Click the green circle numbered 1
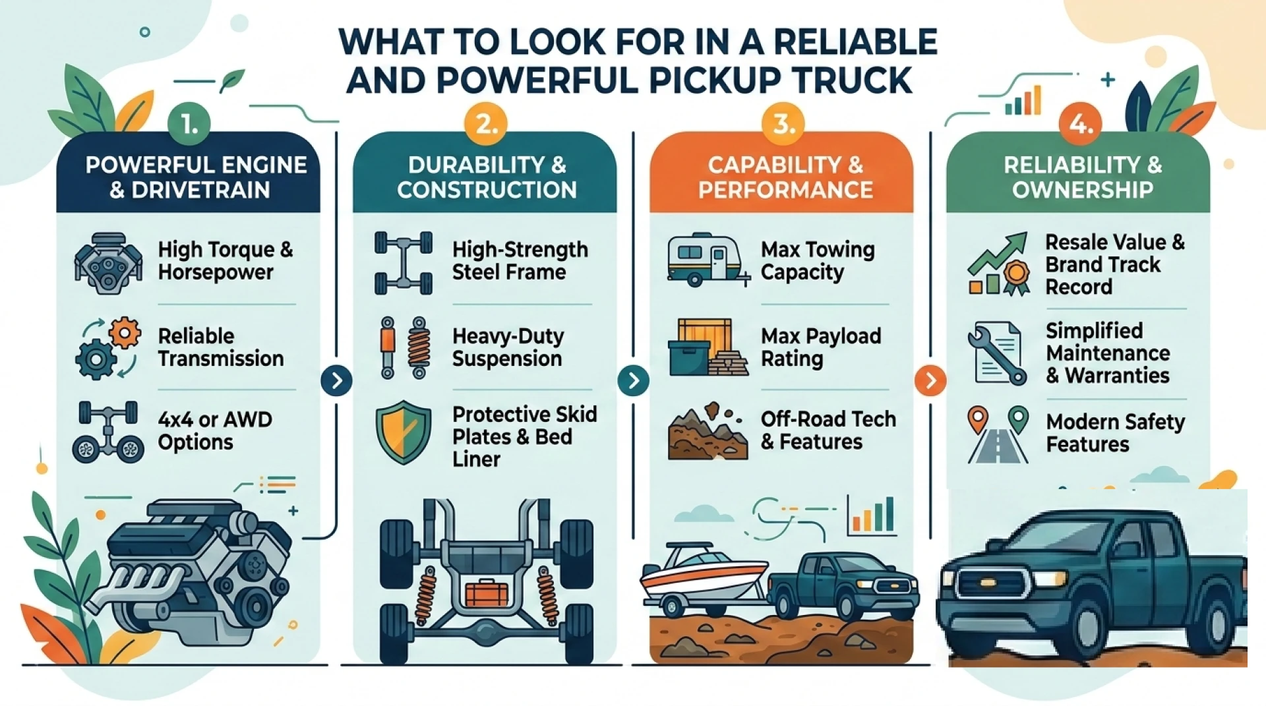189,123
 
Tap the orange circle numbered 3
783,123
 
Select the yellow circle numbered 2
486,123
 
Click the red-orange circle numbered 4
1080,123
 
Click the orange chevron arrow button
930,380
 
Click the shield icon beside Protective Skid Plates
404,432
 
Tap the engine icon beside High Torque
108,262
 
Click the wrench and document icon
997,353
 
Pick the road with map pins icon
998,435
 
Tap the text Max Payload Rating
821,347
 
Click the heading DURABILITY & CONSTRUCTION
487,177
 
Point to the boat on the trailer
704,572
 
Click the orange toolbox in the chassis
487,593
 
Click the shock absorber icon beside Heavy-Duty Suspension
404,348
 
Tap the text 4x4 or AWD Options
215,430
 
